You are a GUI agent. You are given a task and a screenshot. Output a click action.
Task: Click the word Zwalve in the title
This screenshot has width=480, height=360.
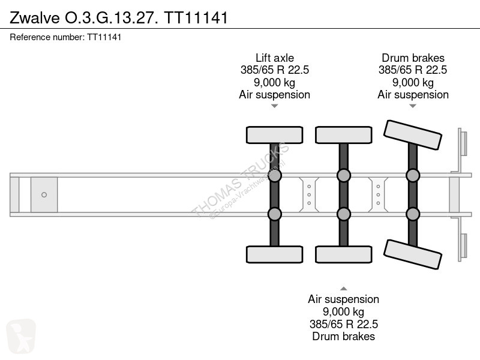pos(35,17)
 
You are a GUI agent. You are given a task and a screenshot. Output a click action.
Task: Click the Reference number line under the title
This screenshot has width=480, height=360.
pos(65,37)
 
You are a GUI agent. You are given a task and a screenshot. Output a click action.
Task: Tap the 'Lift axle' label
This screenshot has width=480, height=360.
pos(275,58)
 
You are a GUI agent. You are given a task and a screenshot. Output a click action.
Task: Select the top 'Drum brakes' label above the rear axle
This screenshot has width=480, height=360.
pos(413,58)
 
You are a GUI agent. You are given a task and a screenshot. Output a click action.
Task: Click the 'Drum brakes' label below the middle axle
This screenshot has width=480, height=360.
pos(343,337)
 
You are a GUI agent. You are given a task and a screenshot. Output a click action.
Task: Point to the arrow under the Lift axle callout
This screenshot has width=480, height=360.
pos(275,106)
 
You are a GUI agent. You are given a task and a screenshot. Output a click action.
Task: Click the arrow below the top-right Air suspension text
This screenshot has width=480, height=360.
pos(413,106)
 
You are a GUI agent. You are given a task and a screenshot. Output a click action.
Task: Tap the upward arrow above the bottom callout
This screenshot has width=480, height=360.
pos(343,289)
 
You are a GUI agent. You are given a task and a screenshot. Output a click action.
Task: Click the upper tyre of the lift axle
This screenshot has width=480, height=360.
pos(275,135)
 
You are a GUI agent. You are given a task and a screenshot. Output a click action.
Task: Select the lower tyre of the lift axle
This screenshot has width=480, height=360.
pos(275,254)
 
